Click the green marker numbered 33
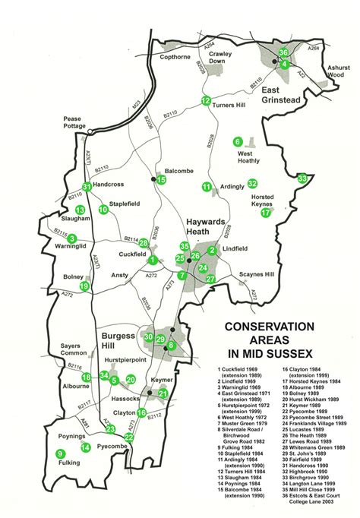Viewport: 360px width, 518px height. [303, 178]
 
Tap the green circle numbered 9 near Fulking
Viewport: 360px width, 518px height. [60, 454]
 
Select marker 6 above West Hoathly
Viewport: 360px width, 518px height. [238, 142]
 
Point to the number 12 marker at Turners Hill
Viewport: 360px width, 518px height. [206, 101]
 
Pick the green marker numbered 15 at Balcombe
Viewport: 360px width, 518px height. [161, 180]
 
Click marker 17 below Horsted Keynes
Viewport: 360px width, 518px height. [266, 213]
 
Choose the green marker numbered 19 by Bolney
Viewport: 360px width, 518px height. [84, 286]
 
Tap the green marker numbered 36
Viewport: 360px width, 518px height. [283, 52]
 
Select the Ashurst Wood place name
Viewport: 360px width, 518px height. [336, 71]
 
